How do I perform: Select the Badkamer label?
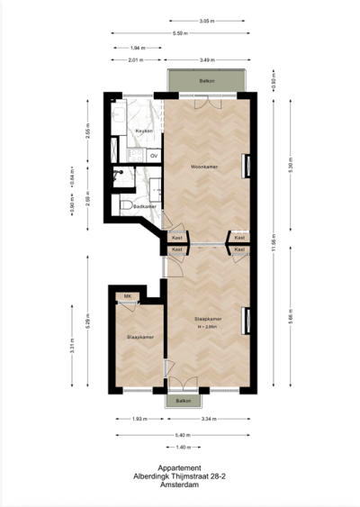[144, 206]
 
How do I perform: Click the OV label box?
[154, 156]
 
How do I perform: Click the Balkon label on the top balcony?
[205, 82]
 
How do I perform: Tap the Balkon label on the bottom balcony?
[183, 400]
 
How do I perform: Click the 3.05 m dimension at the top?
[205, 21]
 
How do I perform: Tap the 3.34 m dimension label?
[206, 419]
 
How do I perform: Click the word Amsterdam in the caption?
[180, 484]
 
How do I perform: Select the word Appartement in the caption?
[180, 467]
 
